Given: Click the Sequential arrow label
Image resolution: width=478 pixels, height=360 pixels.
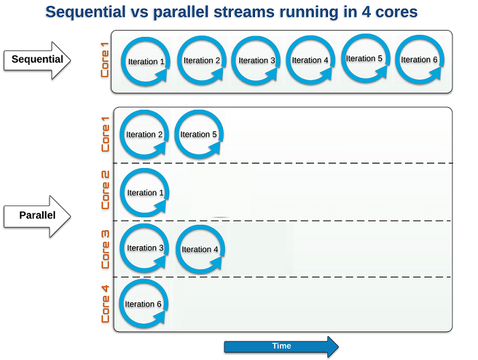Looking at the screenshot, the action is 37,59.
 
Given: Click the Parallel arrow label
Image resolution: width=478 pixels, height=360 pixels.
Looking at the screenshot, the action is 37,215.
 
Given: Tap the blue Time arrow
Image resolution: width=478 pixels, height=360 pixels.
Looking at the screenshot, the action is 281,347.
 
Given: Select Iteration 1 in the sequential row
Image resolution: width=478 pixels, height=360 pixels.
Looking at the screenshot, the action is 146,62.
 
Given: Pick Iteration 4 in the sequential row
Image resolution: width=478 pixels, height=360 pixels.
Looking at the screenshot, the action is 311,60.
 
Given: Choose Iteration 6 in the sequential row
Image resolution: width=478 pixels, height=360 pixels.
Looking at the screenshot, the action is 420,60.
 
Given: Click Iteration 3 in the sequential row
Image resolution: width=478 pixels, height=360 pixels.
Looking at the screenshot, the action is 256,61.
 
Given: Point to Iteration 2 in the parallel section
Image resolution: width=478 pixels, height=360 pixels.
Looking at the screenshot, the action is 144,134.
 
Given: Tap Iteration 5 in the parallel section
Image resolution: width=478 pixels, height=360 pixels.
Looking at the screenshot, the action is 199,134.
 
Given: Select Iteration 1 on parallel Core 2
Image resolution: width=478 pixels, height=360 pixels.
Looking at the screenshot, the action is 145,193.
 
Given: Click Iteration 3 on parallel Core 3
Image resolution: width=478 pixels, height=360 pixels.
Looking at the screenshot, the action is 145,248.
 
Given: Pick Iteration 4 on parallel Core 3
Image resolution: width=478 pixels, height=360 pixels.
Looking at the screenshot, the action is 200,250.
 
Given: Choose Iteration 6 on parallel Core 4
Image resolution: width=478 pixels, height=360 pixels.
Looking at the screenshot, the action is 143,304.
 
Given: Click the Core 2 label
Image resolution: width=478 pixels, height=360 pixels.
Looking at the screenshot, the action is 105,190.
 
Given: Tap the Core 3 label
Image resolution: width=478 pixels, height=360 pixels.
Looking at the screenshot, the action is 105,250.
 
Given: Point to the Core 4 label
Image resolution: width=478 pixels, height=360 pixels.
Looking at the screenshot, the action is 105,304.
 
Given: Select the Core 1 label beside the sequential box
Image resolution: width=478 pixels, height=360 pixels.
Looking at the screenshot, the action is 105,60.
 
